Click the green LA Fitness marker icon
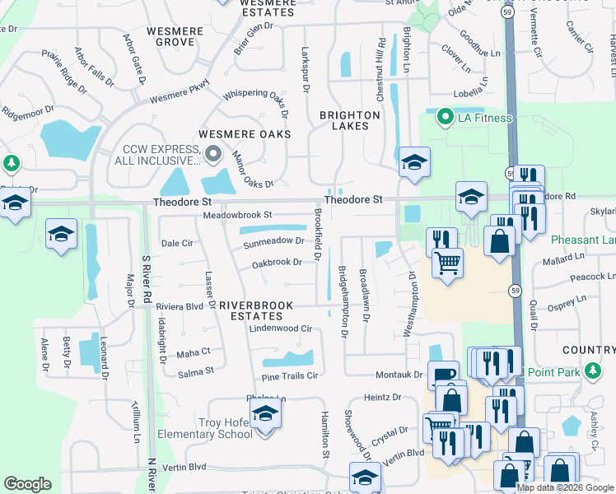coord(446,119)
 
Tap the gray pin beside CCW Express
coord(213,154)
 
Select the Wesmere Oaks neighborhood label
coord(245,134)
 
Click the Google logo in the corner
coord(27,484)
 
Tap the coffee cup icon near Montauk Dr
coord(443,375)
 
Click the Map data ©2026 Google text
coord(565,487)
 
